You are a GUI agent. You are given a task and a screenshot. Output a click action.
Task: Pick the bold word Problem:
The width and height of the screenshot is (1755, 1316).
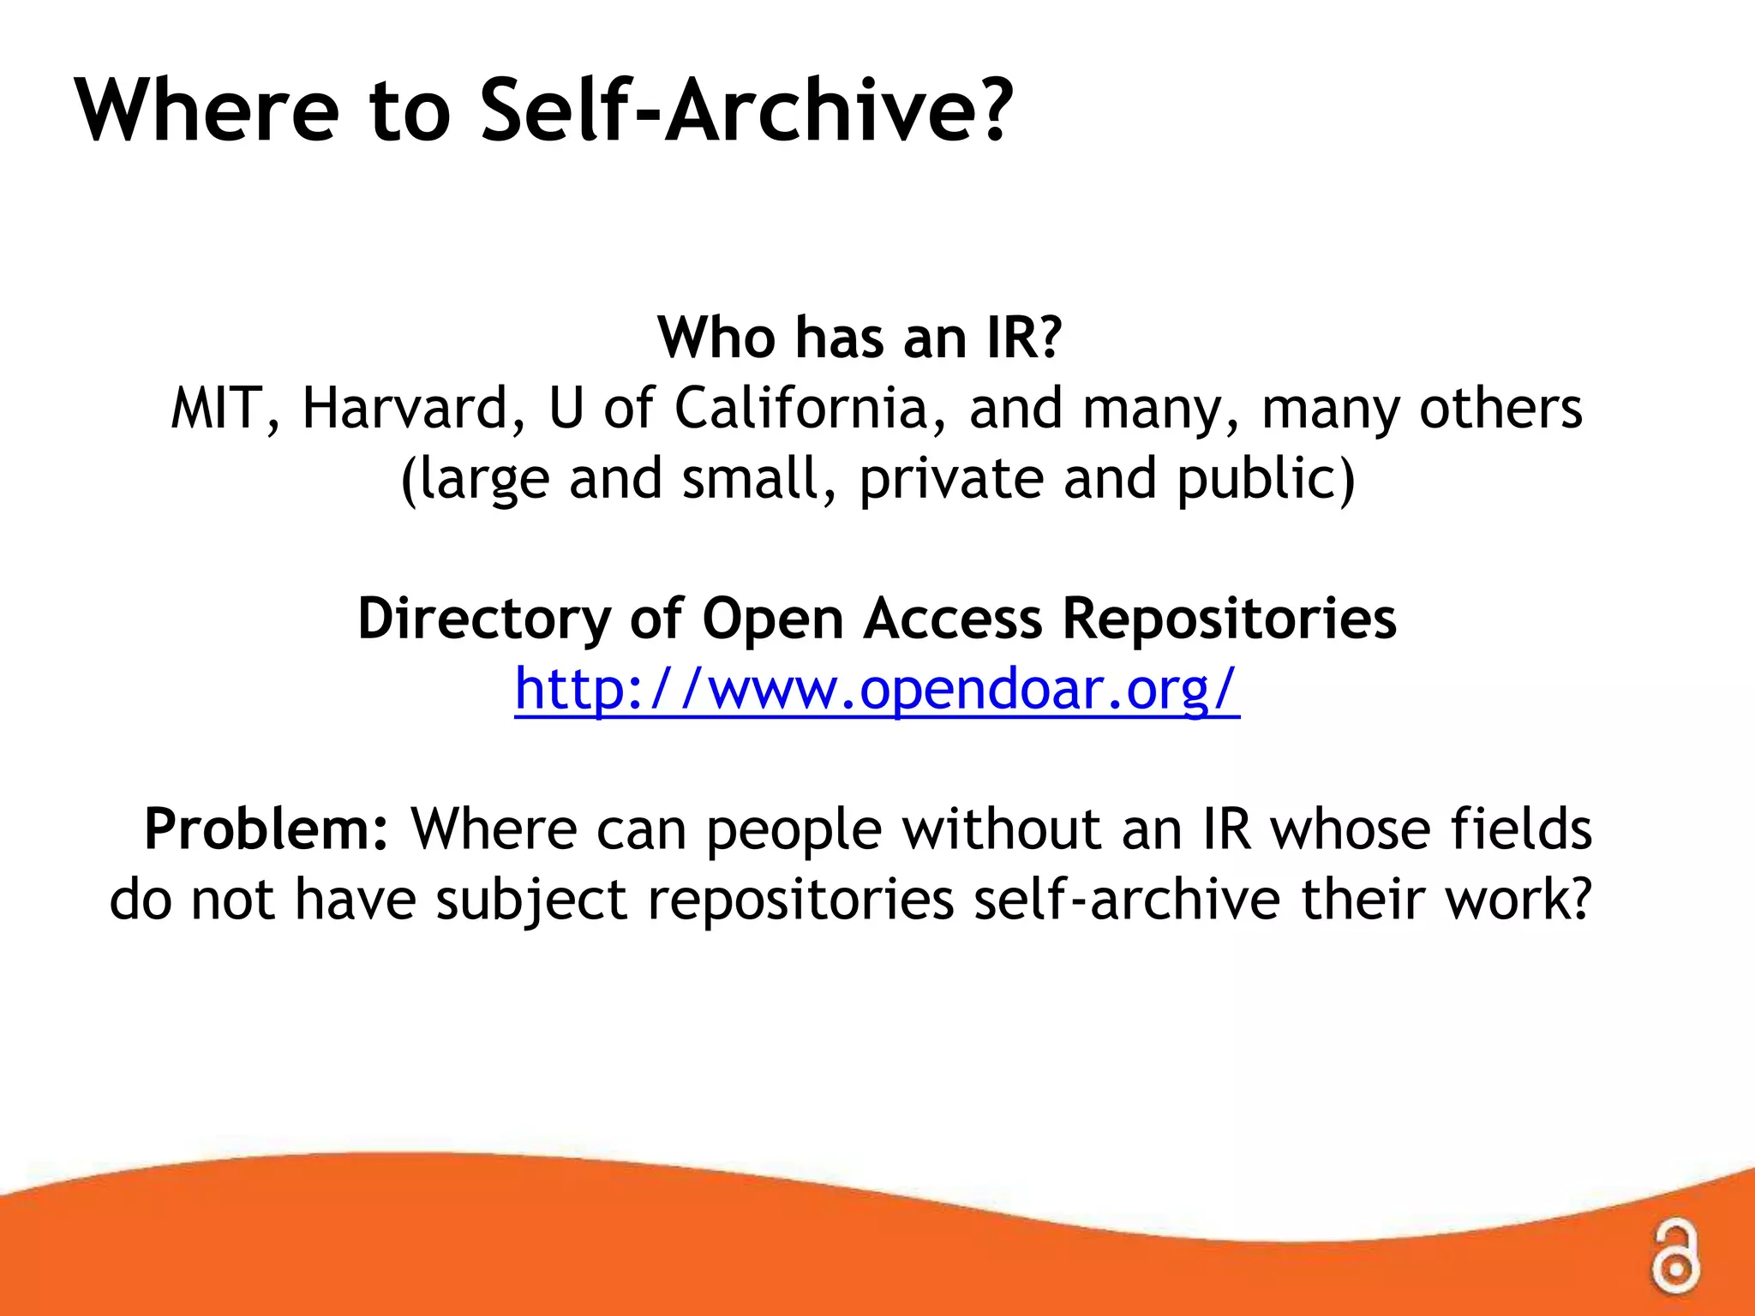267,829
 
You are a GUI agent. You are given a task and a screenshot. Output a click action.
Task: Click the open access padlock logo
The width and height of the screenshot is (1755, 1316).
1674,1256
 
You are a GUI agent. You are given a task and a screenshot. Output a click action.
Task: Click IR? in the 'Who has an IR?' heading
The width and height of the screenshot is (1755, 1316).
1024,338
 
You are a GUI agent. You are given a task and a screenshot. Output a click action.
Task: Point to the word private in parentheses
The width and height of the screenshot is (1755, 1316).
951,478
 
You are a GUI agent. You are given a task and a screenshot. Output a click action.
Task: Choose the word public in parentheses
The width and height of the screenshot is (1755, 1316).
1265,478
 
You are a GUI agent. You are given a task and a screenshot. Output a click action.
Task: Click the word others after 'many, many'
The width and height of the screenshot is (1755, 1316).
1500,408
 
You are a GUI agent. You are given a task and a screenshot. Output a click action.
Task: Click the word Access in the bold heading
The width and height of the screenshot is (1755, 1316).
953,618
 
